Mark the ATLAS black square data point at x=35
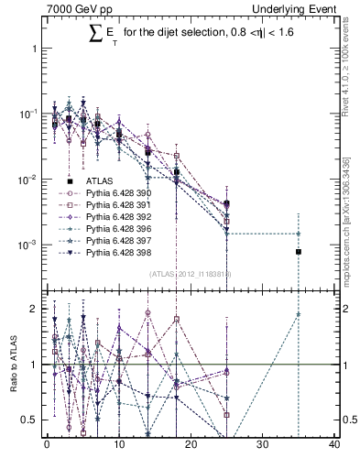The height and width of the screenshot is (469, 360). (x=298, y=251)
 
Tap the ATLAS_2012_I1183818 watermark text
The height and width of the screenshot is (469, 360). (x=191, y=273)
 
